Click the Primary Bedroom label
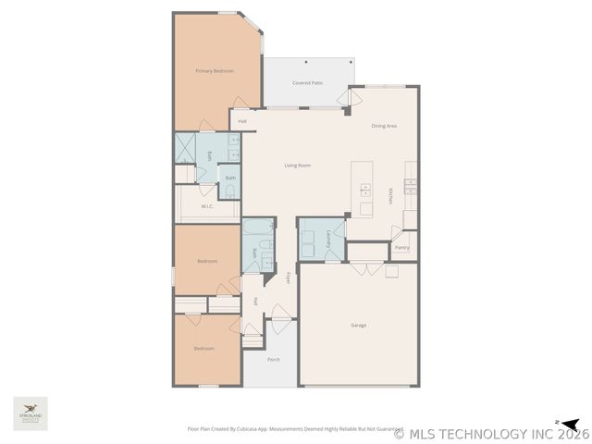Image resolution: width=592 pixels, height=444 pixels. tap(215, 71)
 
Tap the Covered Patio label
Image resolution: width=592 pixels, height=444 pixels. tap(308, 83)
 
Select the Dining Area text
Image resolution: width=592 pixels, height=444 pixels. tap(384, 126)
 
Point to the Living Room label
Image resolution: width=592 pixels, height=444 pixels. tap(297, 166)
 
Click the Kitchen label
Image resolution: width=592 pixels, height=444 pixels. tap(390, 196)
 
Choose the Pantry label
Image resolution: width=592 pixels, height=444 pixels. tap(402, 247)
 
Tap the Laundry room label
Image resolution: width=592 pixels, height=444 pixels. tap(329, 240)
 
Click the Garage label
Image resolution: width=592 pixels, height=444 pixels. tap(358, 325)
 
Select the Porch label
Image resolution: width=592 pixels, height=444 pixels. tap(273, 360)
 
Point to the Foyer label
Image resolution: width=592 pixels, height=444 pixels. tap(288, 277)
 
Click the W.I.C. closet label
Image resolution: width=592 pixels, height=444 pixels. tap(207, 206)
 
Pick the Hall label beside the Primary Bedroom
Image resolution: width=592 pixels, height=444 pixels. tap(242, 121)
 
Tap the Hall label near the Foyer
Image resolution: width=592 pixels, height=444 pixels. tap(255, 302)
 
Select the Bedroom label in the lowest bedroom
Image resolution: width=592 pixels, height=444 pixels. tap(203, 349)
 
